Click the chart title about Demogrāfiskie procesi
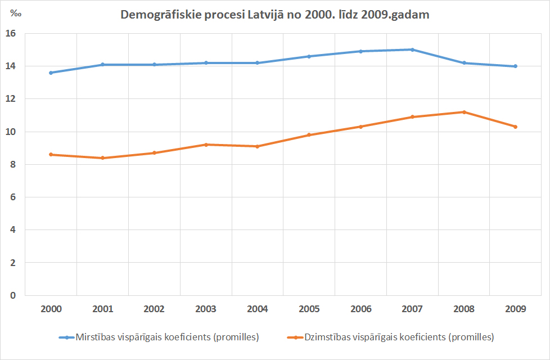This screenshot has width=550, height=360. tap(275, 15)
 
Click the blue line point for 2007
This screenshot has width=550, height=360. tap(412, 49)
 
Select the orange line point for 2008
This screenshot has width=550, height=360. tap(464, 112)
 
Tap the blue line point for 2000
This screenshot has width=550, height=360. tap(51, 73)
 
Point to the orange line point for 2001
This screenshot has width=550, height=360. tap(102, 158)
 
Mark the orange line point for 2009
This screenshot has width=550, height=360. tap(515, 127)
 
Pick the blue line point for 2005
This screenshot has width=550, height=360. tap(309, 56)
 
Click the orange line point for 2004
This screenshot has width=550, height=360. tap(258, 146)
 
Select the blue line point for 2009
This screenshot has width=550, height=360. tap(515, 66)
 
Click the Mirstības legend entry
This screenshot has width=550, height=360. tap(159, 337)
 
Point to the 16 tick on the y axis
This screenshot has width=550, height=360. tap(11, 34)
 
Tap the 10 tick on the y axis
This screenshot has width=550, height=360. tap(11, 132)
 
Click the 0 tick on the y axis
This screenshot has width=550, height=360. tap(13, 295)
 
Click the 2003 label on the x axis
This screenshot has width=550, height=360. tap(206, 309)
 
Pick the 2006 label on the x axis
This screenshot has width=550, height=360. tap(360, 309)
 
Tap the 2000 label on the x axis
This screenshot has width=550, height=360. tap(51, 309)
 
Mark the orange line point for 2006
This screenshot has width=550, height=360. tap(360, 127)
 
